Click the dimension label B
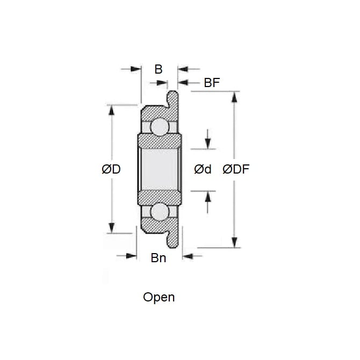pos(159,69)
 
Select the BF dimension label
pos(212,83)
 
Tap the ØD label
pos(111,169)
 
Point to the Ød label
pos(203,169)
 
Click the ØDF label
pos(236,169)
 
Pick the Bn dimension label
pos(159,258)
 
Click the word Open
pos(159,297)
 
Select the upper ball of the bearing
pos(160,127)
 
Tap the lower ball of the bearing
pos(160,212)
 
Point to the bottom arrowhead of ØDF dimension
pos(234,242)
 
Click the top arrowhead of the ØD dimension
pos(112,110)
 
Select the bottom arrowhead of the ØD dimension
pos(112,228)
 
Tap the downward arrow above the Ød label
pos(208,139)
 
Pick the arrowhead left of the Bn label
pos(131,256)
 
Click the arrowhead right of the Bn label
pos(188,256)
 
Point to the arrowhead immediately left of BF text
pos(183,82)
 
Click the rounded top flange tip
pos(172,92)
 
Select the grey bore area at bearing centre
pos(160,169)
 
